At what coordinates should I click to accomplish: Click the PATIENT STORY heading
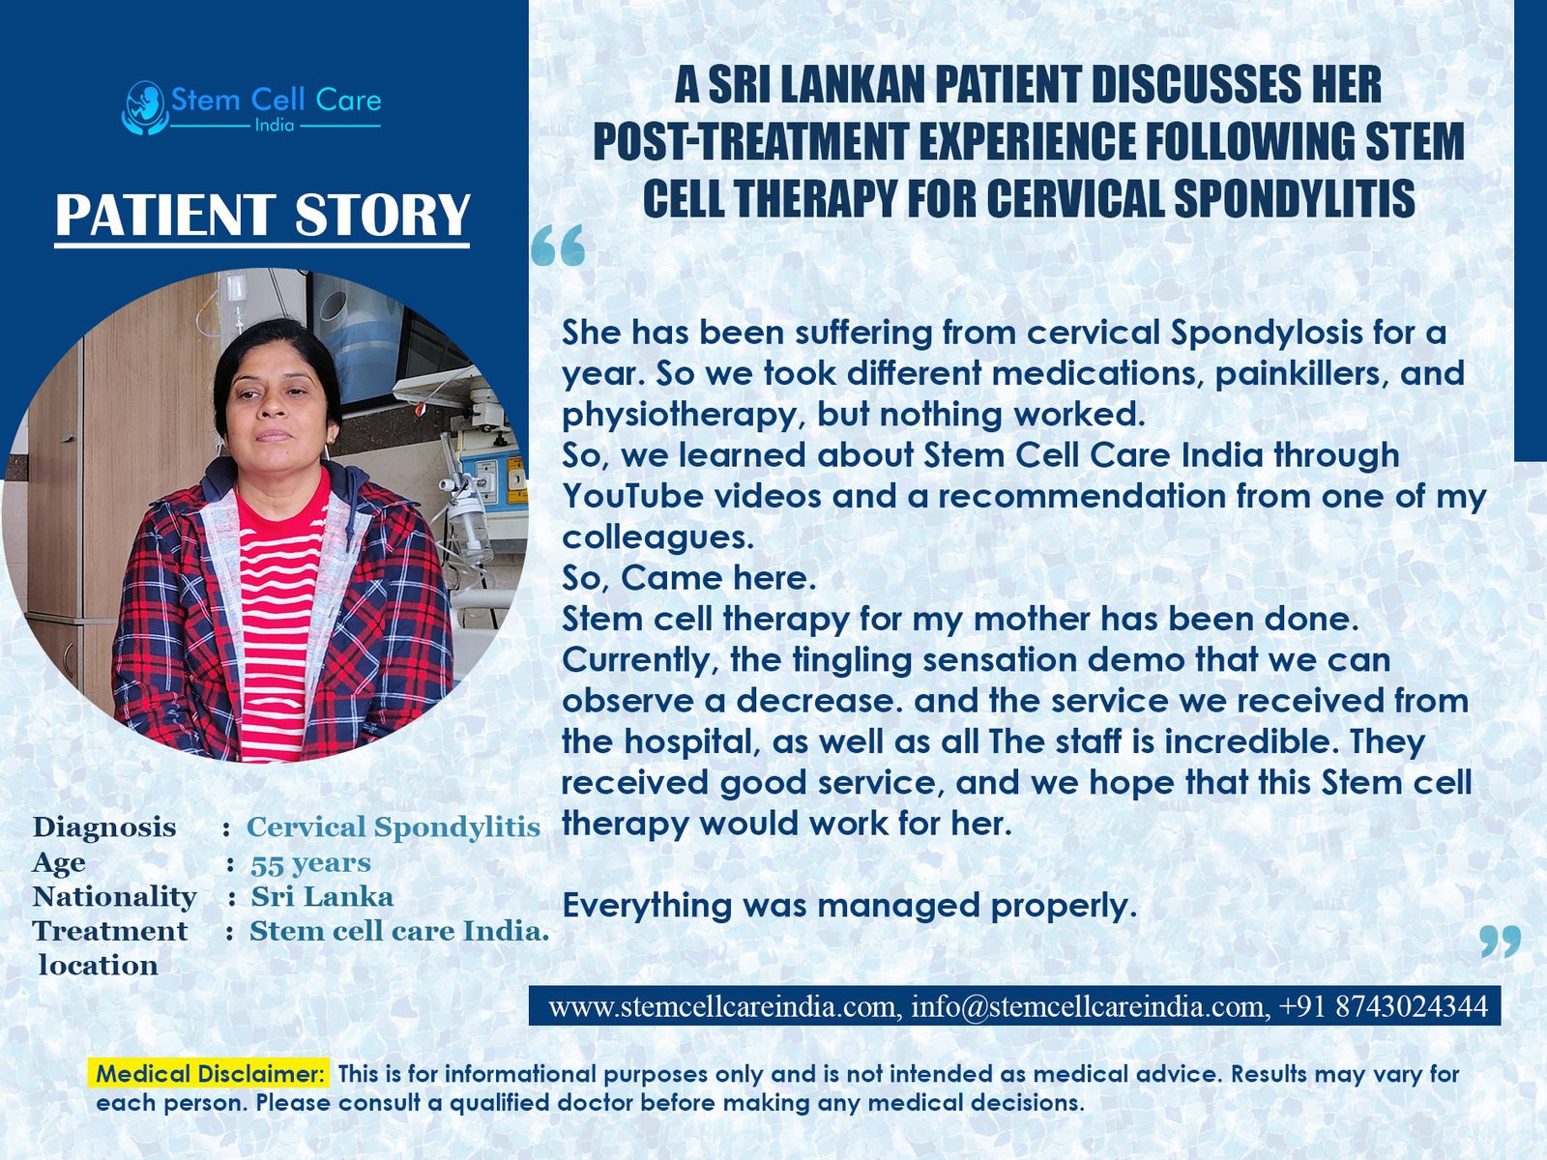(x=262, y=215)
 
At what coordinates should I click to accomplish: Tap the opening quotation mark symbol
(x=559, y=246)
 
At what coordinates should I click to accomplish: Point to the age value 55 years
(x=310, y=862)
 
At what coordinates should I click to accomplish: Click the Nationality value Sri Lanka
(x=322, y=896)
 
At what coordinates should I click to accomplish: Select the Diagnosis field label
(x=104, y=827)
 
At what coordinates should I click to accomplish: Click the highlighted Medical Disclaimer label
(x=210, y=1073)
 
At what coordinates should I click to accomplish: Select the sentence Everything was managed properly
(x=849, y=906)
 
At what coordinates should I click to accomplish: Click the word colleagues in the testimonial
(x=657, y=536)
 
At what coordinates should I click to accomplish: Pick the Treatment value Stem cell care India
(x=398, y=931)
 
